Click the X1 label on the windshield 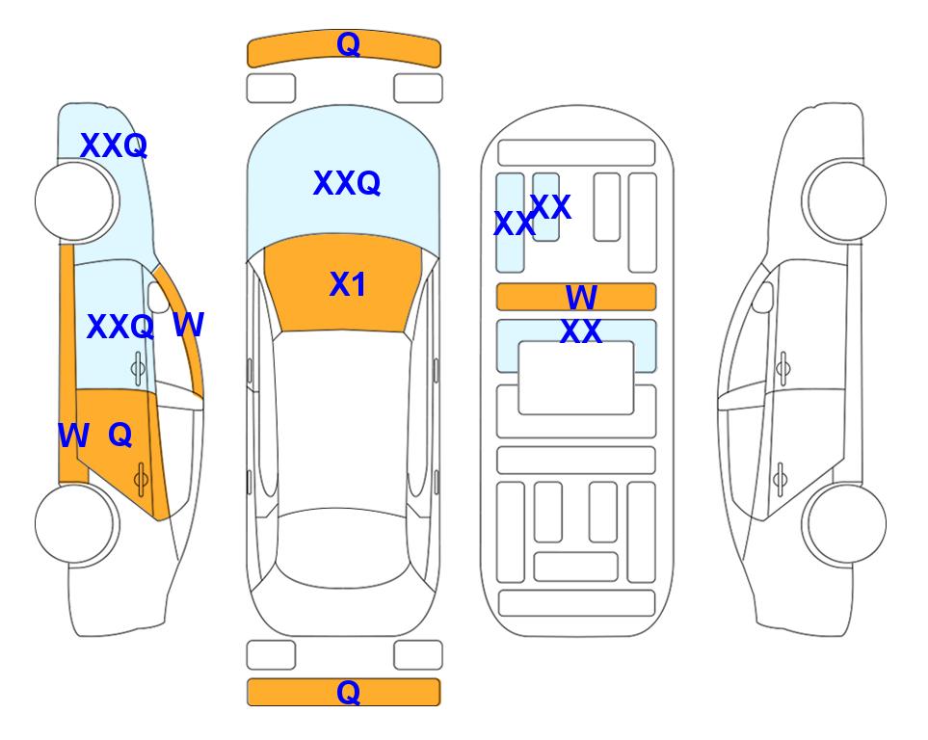[348, 284]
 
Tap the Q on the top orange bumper [348, 44]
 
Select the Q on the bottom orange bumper [348, 692]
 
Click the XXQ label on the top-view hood [346, 182]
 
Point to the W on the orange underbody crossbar [581, 297]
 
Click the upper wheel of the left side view [74, 200]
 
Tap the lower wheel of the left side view [74, 523]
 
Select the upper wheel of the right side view [846, 200]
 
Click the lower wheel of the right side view [846, 523]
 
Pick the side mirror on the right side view [763, 297]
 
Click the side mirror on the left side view [159, 297]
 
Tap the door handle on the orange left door [141, 479]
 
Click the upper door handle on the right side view [783, 368]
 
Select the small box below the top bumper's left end [271, 89]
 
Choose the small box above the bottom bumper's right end [418, 655]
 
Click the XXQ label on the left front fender [114, 145]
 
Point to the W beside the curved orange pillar [189, 325]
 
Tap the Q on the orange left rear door [120, 436]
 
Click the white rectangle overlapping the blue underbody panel [576, 378]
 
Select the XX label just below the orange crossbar [580, 331]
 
